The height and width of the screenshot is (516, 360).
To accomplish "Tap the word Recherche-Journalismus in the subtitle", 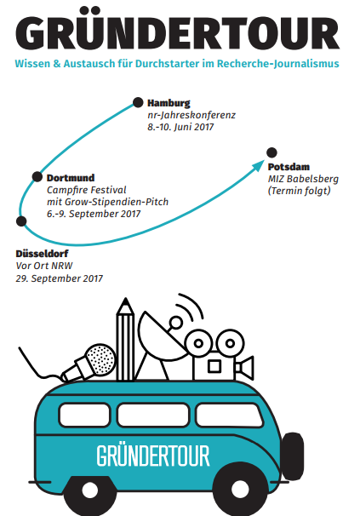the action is click(x=277, y=64).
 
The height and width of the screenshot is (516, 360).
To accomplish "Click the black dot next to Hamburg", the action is click(x=138, y=102).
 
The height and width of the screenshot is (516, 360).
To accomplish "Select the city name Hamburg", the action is click(x=169, y=103).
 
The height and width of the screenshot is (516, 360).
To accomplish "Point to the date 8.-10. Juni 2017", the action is click(x=180, y=127).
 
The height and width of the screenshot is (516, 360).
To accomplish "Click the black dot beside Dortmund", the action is click(x=37, y=177).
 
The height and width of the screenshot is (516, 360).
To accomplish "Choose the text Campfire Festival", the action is click(x=87, y=190).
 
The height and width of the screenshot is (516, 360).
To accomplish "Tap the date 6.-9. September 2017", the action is click(x=94, y=214).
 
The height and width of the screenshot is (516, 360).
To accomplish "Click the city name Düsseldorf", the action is click(x=42, y=254).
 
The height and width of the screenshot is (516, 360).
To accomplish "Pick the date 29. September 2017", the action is click(x=60, y=278).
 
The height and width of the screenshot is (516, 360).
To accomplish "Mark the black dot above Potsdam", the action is click(x=271, y=152).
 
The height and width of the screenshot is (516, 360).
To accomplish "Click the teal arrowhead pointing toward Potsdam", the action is click(x=258, y=165).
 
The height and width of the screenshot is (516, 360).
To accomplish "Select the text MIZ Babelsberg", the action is click(x=303, y=179).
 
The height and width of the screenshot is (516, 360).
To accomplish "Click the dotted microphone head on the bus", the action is click(x=100, y=360).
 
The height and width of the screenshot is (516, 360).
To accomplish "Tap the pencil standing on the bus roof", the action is click(x=125, y=339).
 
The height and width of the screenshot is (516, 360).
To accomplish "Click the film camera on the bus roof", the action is click(x=219, y=355).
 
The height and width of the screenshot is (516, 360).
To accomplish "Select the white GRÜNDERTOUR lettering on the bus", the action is click(x=153, y=456).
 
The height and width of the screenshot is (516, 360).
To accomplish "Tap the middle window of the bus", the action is click(x=153, y=415).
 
